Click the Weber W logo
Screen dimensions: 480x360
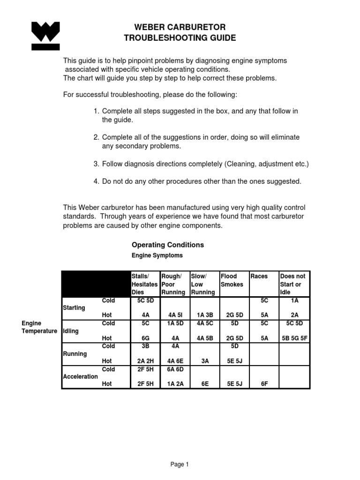[46, 36]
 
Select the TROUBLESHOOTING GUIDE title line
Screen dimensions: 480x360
[180, 38]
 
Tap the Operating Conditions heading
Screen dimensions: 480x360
[168, 245]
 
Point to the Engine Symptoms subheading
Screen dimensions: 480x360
[157, 256]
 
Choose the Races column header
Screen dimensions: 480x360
[259, 277]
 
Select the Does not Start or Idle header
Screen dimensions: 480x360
[292, 284]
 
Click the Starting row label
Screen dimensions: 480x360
[74, 308]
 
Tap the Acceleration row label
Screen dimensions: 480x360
[80, 376]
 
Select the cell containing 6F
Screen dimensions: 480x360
[264, 384]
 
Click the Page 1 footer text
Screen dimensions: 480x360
[180, 465]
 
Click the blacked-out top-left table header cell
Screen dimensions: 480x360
[96, 284]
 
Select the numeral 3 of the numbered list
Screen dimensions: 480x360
[96, 164]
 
